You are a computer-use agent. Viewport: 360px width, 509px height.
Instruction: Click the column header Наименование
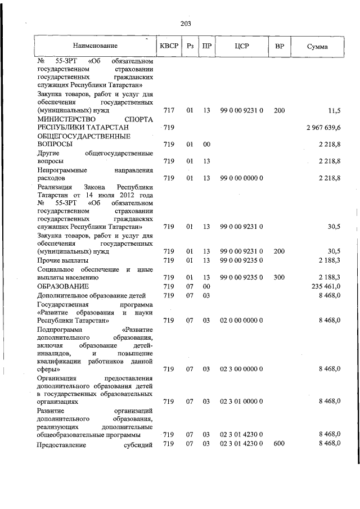click(x=94, y=45)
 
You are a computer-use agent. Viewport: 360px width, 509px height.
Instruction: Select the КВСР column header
click(x=168, y=45)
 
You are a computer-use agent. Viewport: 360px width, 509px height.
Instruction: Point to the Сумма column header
click(x=318, y=45)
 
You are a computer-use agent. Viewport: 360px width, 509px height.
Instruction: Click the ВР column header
click(x=279, y=45)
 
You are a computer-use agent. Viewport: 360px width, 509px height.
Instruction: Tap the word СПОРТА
click(x=137, y=120)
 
